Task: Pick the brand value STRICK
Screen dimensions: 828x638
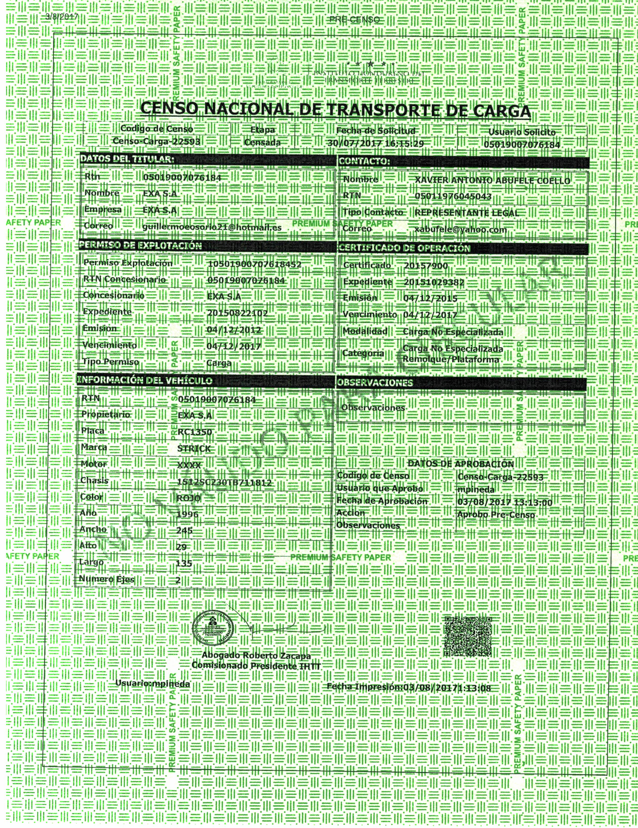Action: [x=194, y=448]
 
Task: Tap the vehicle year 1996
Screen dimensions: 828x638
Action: [x=187, y=514]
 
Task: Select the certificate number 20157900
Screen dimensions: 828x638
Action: [x=426, y=266]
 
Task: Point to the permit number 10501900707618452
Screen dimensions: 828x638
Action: [x=255, y=264]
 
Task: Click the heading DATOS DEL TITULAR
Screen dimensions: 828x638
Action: [x=127, y=160]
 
